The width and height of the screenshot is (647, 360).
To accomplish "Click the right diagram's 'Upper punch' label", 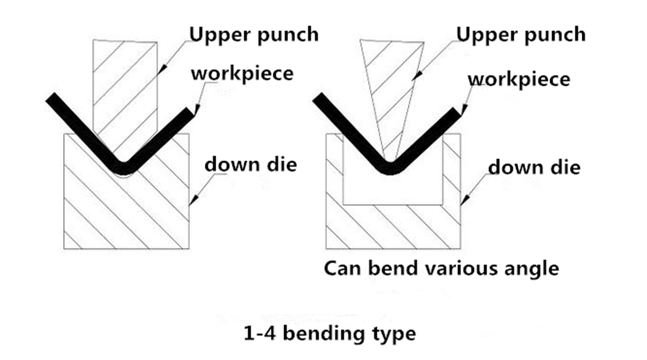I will click(x=520, y=34).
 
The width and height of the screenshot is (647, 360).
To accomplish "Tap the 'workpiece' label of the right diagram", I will click(x=519, y=79).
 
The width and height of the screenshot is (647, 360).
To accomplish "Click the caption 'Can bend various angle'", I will click(x=441, y=268).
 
